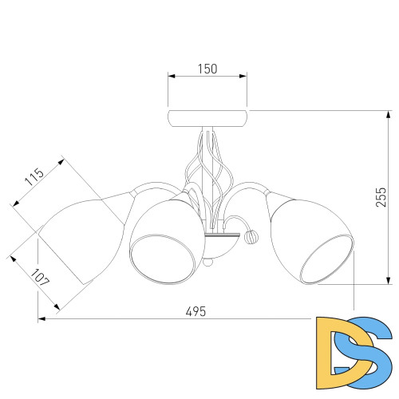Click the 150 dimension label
pos(207,69)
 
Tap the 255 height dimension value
pos(381,197)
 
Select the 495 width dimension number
pos(196,311)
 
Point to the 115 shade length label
pos(34,176)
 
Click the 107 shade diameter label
pos(40,278)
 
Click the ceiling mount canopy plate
pos(207,118)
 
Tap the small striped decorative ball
pos(251,237)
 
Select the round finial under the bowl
pos(207,262)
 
